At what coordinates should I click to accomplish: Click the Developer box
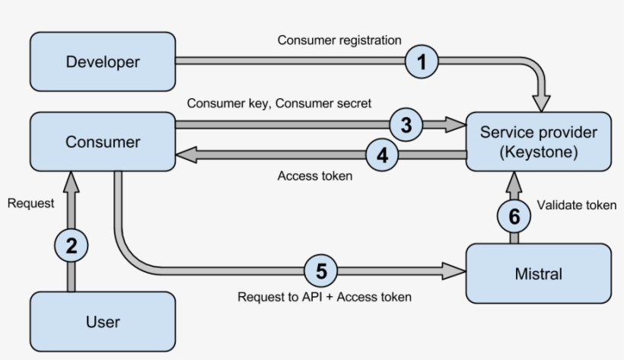[x=103, y=61]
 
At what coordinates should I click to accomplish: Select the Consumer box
[x=103, y=142]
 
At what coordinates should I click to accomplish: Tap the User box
[x=103, y=321]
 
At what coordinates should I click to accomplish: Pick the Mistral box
[x=538, y=272]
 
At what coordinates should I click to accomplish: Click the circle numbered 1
[x=422, y=62]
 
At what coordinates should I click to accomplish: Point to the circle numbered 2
[x=72, y=245]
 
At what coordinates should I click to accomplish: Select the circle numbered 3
[x=406, y=125]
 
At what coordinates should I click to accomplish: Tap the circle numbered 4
[x=383, y=155]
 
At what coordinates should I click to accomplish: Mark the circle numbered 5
[x=321, y=270]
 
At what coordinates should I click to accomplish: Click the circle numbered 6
[x=514, y=216]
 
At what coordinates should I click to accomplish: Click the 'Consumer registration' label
[x=339, y=40]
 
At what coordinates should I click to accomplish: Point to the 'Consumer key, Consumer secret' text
[x=279, y=104]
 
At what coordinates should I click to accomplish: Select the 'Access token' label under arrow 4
[x=315, y=176]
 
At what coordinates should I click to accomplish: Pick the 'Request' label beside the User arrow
[x=30, y=203]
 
